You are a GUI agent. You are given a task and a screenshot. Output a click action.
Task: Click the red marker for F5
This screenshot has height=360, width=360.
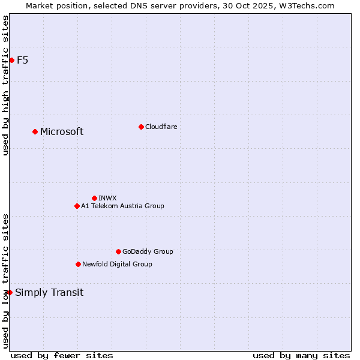11,60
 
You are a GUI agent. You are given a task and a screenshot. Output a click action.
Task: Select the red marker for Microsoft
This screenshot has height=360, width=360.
35,131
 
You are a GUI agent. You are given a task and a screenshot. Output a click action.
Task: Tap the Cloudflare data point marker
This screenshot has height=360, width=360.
141,127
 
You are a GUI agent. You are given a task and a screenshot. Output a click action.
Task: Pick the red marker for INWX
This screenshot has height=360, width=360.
94,198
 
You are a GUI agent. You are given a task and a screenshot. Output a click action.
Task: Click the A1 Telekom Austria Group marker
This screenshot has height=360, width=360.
77,206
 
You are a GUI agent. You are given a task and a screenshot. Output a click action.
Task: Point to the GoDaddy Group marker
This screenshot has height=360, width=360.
118,251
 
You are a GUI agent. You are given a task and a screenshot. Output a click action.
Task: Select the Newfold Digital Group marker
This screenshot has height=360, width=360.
78,264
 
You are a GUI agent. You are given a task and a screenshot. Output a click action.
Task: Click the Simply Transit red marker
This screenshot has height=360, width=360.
10,292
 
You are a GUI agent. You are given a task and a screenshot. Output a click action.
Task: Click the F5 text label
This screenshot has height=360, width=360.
23,60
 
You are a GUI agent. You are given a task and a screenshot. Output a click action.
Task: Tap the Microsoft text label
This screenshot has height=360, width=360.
62,132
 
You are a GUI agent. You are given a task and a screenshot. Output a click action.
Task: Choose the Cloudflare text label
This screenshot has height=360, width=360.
161,127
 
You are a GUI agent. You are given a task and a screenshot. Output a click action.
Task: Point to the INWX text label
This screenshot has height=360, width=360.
108,198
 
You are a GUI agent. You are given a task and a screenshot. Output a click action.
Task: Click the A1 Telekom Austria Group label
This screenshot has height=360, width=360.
122,206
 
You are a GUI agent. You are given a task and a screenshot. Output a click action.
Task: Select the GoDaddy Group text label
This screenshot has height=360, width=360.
148,251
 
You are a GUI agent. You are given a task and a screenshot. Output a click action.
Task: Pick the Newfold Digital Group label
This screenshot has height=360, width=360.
117,264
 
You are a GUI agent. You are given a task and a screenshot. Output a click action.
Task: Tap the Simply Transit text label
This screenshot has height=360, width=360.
49,293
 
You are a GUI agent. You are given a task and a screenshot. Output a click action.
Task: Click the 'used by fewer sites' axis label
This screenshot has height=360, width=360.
62,355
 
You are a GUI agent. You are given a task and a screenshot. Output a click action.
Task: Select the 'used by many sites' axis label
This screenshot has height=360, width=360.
301,355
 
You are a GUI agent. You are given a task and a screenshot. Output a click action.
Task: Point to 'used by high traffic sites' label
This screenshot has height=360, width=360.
5,85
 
